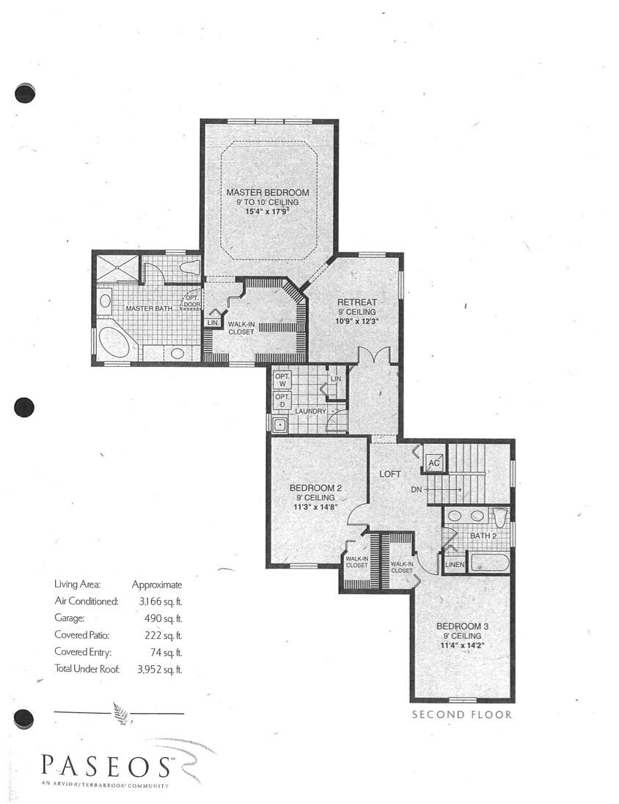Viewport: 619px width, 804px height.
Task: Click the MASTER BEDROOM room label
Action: [267, 192]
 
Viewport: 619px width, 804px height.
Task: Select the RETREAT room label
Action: [356, 302]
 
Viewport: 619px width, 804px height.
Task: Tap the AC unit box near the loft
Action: [433, 463]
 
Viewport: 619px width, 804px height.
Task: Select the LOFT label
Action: [389, 474]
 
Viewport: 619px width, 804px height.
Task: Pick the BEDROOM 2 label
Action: [315, 488]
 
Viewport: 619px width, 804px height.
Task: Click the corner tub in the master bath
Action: [114, 343]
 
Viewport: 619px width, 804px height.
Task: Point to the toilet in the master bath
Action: [190, 267]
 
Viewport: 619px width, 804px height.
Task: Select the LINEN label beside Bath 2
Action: [455, 564]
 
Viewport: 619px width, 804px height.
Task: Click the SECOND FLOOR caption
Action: [461, 715]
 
